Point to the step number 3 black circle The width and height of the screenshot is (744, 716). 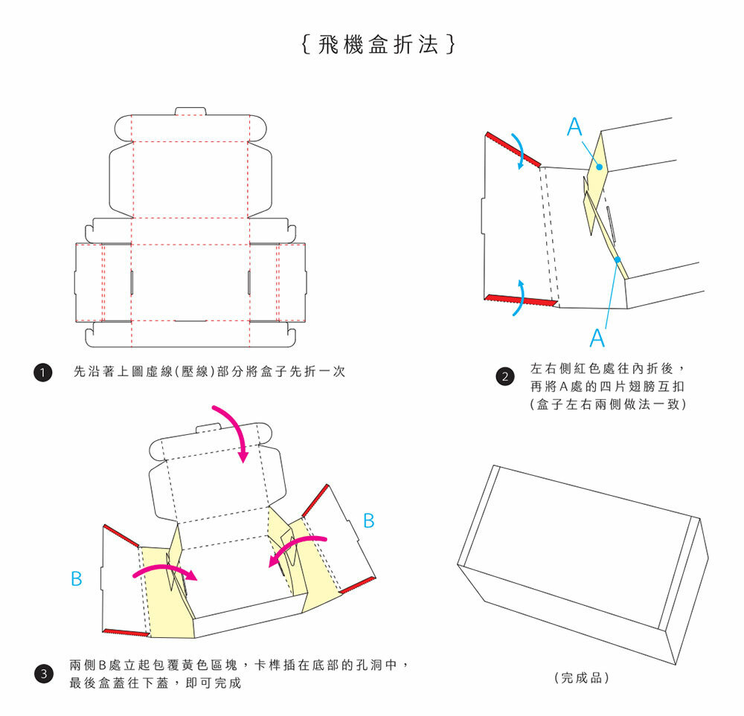(44, 674)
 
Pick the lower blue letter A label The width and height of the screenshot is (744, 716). (597, 339)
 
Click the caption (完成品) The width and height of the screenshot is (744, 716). (582, 678)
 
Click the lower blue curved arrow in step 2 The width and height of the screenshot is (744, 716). (519, 297)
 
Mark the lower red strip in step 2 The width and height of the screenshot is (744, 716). (521, 299)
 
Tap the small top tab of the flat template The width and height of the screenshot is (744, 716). (190, 112)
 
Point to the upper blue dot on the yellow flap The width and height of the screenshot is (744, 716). (599, 167)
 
